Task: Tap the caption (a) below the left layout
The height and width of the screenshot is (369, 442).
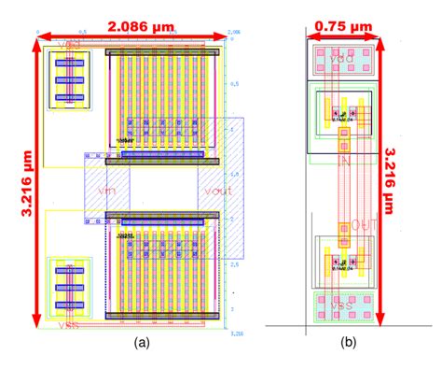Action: (142, 343)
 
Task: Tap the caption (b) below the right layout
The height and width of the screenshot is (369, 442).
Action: (347, 343)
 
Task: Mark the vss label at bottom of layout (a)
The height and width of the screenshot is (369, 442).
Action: (68, 326)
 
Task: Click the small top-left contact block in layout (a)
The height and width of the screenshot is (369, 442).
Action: (68, 80)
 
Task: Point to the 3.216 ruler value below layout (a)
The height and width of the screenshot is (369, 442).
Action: (236, 334)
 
